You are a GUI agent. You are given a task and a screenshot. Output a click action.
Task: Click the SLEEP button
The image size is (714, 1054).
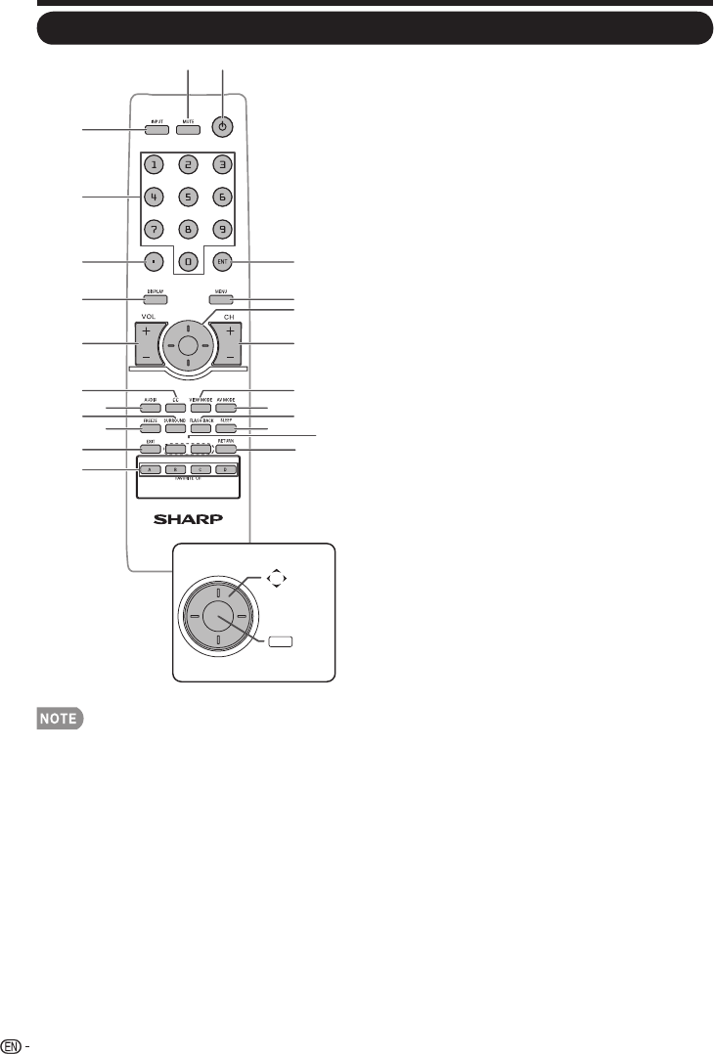(226, 427)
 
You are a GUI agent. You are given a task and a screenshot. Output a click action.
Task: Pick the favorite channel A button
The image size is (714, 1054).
(149, 470)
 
